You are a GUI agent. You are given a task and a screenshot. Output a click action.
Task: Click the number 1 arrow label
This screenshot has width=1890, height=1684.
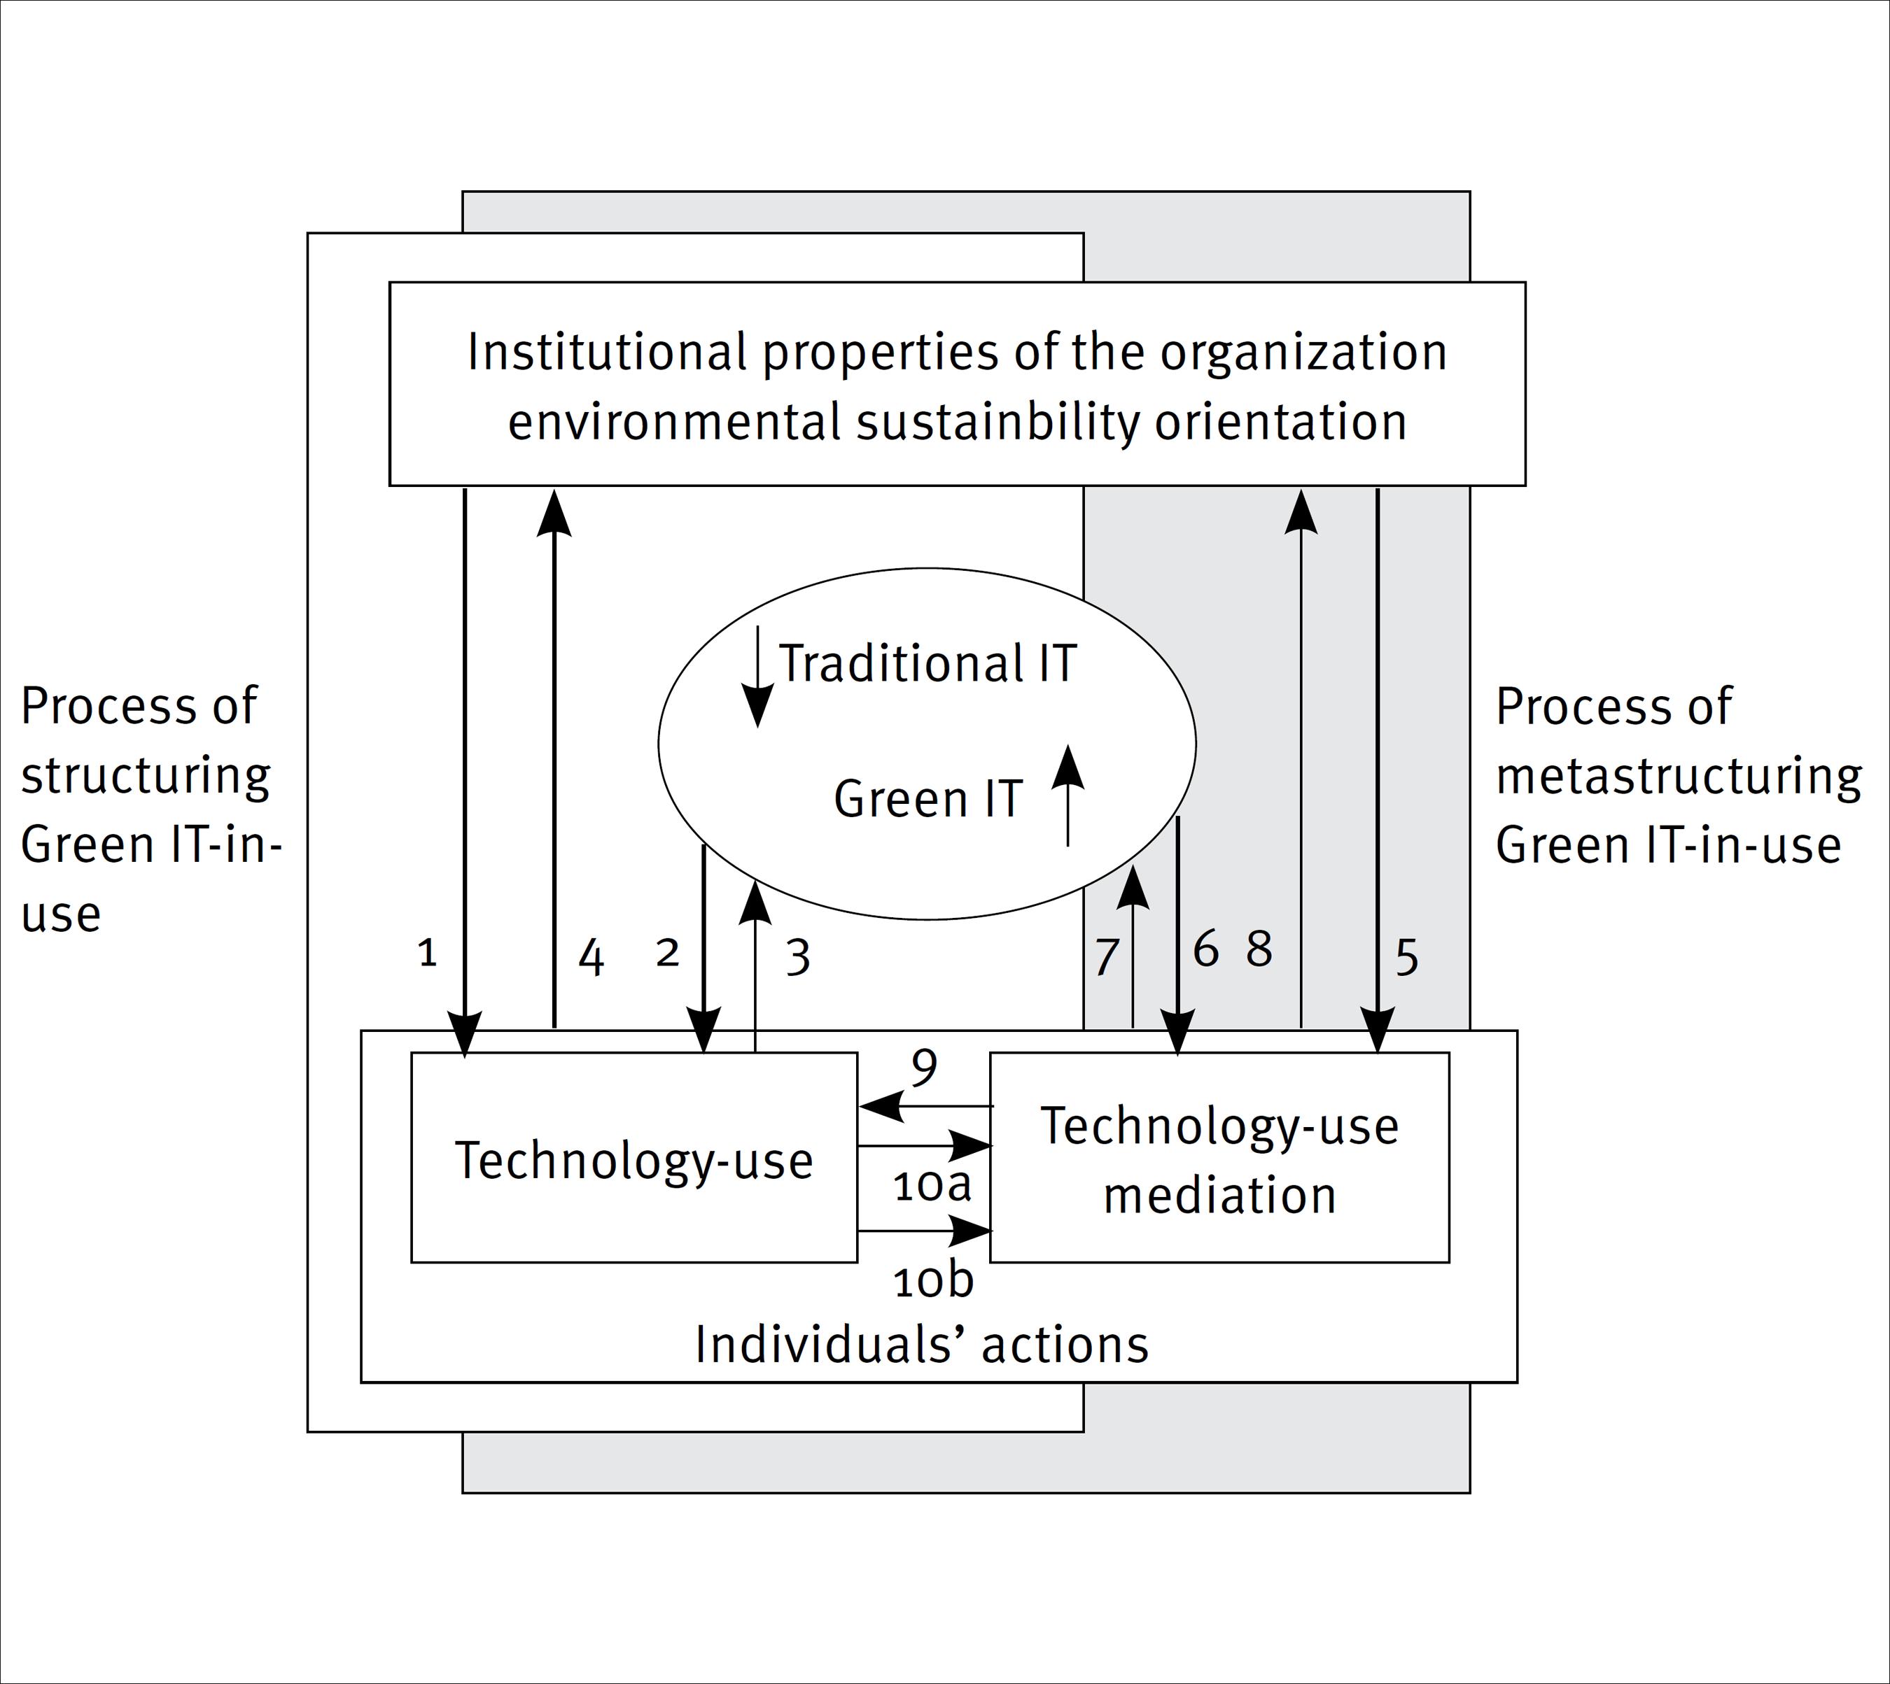[427, 952]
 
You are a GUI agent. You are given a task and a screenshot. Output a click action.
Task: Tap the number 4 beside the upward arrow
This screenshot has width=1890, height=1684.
[591, 958]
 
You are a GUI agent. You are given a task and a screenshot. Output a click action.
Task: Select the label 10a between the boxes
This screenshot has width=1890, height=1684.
[932, 1186]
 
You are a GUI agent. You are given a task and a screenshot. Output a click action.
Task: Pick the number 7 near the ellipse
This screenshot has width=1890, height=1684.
[1106, 958]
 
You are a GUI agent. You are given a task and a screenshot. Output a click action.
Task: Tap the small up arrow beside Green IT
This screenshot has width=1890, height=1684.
[1068, 795]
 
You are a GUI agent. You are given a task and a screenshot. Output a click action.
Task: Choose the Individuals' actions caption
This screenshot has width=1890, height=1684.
[921, 1345]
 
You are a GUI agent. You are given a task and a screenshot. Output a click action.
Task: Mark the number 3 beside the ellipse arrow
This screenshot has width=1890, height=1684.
[798, 958]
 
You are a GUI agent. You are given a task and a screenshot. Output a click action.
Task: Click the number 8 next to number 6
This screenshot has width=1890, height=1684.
[1259, 949]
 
